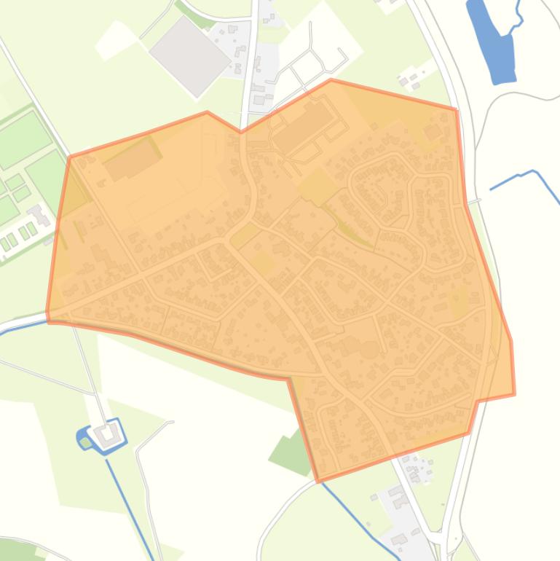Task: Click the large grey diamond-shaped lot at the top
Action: (189, 55)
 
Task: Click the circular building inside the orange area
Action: (369, 349)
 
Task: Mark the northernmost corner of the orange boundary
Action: (331, 79)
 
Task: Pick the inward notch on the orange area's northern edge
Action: (241, 132)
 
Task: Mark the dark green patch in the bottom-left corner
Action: (18, 550)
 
